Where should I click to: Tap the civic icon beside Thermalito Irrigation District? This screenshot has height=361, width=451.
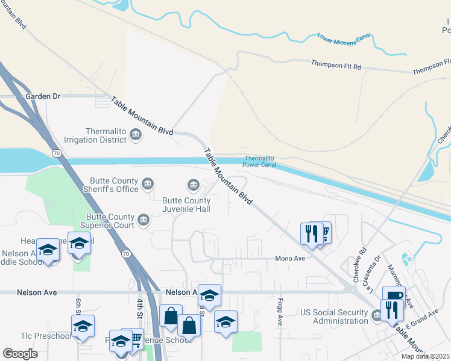click(x=136, y=135)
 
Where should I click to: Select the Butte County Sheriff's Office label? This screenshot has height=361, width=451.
click(x=115, y=185)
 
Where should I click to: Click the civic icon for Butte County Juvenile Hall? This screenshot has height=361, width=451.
click(x=193, y=184)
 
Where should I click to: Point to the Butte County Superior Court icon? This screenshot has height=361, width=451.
click(x=143, y=219)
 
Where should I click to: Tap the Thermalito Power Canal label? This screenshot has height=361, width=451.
click(x=260, y=162)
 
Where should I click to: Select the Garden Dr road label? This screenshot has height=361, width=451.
click(x=43, y=96)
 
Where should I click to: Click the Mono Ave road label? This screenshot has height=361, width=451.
click(x=290, y=258)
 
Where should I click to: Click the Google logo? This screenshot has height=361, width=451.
click(x=20, y=354)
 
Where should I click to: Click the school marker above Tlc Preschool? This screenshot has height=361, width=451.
click(x=83, y=327)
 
